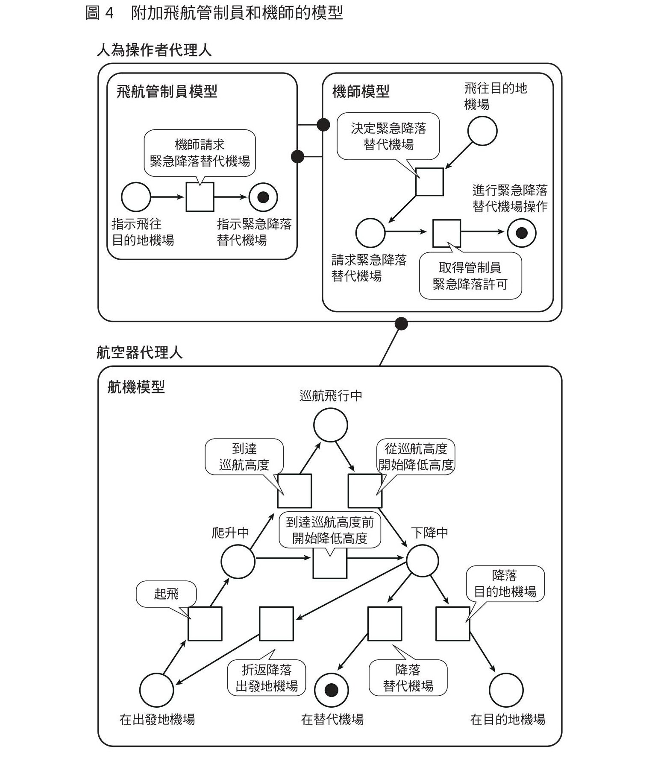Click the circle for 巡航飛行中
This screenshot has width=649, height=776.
tap(330, 425)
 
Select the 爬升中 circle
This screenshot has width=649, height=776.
tap(238, 561)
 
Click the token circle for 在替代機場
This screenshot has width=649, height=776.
tap(332, 690)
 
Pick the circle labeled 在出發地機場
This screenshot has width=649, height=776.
tap(156, 690)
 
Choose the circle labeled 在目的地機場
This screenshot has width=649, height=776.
tap(506, 690)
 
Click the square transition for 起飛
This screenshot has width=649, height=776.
tap(205, 624)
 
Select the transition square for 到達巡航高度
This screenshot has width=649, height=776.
tap(294, 491)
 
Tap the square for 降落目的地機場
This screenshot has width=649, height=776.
tap(452, 624)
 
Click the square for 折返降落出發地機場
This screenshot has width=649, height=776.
tap(276, 624)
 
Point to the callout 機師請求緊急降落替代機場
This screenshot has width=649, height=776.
tap(200, 153)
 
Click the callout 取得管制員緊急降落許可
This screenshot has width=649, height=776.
tap(470, 276)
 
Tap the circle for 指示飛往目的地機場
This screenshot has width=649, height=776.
tap(136, 197)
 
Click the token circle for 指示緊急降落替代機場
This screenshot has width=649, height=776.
tap(263, 197)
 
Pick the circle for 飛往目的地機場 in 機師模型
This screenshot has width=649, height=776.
tap(482, 131)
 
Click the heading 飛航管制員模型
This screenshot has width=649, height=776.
tap(167, 91)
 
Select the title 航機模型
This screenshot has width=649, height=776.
tap(136, 387)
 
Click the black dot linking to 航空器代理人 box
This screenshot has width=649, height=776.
tap(401, 324)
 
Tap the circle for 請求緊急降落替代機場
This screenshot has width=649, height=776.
tap(370, 233)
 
